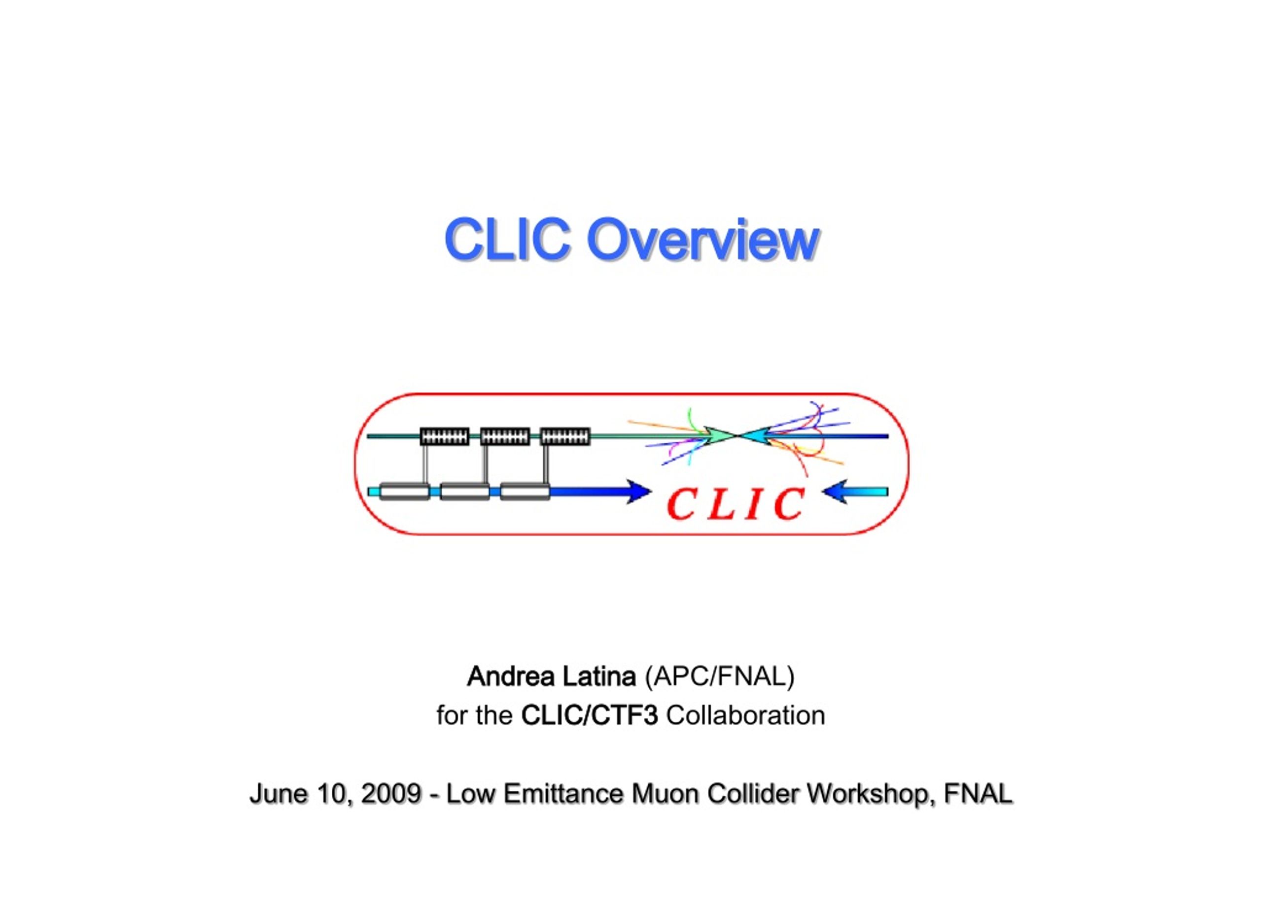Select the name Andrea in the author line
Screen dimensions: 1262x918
(x=511, y=676)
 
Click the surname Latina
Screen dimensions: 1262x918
(x=599, y=676)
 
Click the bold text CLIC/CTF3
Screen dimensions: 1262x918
(x=590, y=716)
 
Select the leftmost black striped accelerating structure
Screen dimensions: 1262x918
(x=444, y=436)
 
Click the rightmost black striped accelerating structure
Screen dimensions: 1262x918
(x=565, y=436)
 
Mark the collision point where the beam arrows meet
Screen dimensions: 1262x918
(x=738, y=436)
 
